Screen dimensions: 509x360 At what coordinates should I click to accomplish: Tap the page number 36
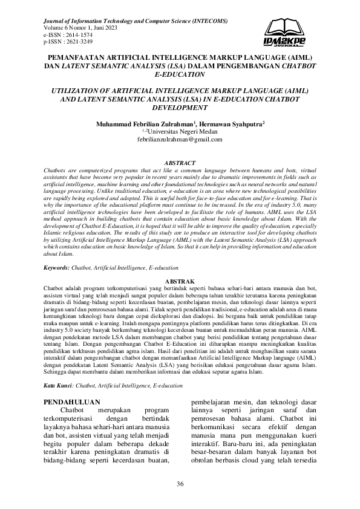[x=180, y=483]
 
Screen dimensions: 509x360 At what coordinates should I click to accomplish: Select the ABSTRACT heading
[x=180, y=163]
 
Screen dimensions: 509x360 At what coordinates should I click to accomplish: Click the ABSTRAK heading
[x=180, y=282]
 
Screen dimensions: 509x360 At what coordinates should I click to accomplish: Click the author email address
[x=180, y=139]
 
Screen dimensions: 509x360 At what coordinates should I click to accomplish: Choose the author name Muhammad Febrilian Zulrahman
[x=137, y=123]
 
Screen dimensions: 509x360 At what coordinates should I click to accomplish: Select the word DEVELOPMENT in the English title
[x=180, y=107]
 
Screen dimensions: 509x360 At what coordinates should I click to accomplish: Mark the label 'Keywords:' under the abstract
[x=57, y=267]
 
